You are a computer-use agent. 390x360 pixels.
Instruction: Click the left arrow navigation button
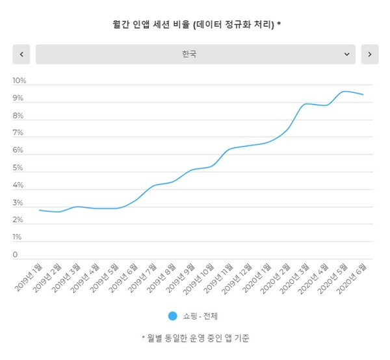tap(21, 55)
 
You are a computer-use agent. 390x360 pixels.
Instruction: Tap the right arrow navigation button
tap(369, 55)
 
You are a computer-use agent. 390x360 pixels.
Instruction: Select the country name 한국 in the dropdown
tap(190, 55)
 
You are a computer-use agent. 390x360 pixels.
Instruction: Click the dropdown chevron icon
tap(346, 55)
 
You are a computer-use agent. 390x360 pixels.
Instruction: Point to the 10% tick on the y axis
tap(19, 81)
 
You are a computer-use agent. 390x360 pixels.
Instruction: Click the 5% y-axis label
tap(19, 168)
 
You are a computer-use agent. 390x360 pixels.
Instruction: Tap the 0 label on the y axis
tap(16, 255)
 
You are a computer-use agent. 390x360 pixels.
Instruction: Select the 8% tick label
tap(19, 116)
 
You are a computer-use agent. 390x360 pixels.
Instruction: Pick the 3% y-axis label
tap(19, 203)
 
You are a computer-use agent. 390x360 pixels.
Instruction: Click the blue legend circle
tap(172, 316)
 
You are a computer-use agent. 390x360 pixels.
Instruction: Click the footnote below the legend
tap(196, 338)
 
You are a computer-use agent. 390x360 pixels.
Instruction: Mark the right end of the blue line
tap(363, 95)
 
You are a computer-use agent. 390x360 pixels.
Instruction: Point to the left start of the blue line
tap(40, 210)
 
